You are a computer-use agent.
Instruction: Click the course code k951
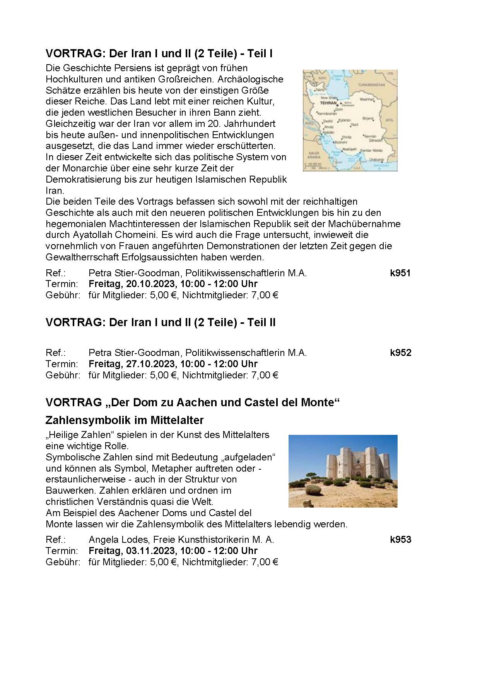click(400, 273)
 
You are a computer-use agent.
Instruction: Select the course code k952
click(400, 353)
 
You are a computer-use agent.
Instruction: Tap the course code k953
click(400, 540)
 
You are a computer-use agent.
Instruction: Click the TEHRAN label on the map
click(328, 103)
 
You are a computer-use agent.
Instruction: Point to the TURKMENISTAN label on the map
click(371, 84)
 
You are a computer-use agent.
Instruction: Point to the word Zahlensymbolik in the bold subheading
click(82, 420)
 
